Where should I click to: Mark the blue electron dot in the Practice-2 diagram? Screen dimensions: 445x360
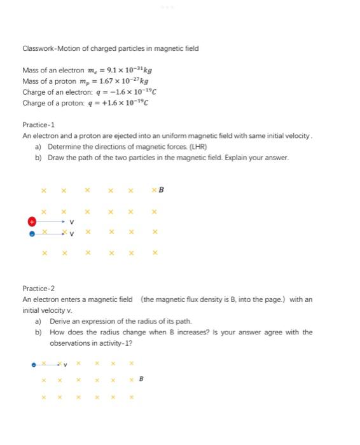34,364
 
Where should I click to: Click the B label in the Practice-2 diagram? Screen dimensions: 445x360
141,380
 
